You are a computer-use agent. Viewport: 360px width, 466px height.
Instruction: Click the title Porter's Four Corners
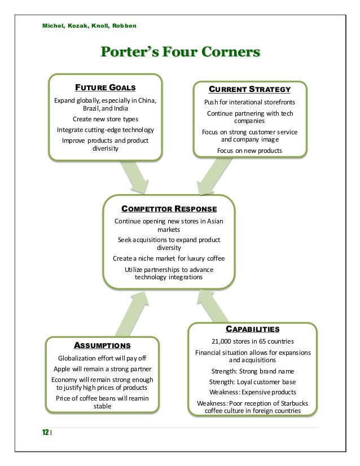180,53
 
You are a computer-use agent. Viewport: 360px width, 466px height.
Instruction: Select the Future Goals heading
106,87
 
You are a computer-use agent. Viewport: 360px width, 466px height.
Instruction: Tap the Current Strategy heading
249,89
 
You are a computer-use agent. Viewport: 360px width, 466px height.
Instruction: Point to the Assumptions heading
103,345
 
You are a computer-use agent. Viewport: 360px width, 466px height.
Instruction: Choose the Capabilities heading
252,329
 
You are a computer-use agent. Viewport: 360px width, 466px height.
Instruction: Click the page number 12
44,432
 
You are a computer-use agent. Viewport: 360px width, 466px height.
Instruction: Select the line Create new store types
106,120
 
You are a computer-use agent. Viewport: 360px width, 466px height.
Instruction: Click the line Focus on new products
249,151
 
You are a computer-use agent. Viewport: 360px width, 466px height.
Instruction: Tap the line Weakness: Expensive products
252,392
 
